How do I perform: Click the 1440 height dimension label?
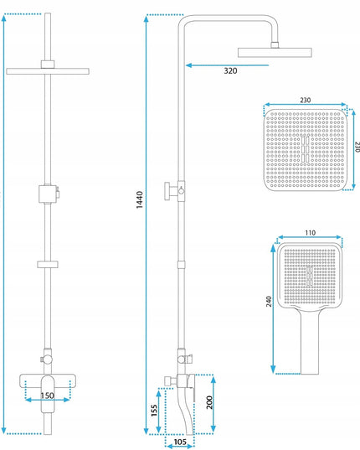point(139,199)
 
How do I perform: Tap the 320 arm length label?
point(230,70)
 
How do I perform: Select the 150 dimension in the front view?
point(47,396)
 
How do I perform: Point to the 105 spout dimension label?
point(180,442)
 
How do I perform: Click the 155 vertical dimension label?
point(155,411)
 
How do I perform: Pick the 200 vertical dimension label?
point(209,402)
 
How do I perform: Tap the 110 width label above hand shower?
point(310,232)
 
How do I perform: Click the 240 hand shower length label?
point(269,302)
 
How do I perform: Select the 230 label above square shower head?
point(306,100)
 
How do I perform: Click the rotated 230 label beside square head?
point(357,147)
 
